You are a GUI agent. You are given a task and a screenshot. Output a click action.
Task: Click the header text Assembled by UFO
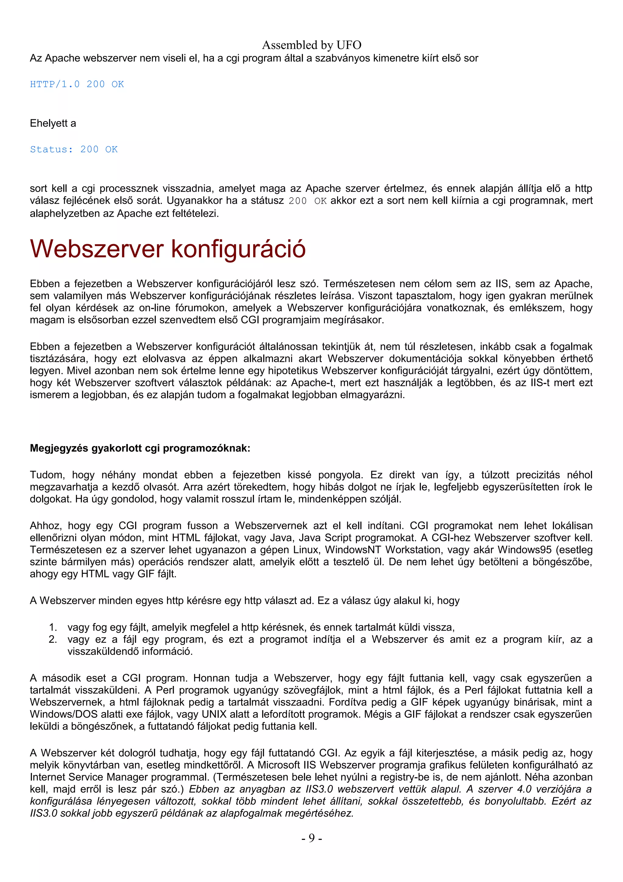coord(311,45)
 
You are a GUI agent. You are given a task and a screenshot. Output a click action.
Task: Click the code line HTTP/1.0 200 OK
coord(77,84)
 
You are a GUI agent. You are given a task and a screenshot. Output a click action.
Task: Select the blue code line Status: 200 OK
coord(74,149)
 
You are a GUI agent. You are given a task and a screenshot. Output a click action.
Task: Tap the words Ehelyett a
coord(53,123)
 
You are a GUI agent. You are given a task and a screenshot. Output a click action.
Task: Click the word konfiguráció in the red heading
coord(238,249)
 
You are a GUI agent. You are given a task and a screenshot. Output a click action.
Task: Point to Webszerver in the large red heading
coord(97,249)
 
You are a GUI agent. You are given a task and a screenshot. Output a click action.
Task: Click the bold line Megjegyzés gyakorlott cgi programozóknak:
coord(140,448)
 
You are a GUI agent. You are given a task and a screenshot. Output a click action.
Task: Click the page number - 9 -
coord(311,838)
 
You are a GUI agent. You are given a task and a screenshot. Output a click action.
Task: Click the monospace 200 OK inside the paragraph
coord(308,201)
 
